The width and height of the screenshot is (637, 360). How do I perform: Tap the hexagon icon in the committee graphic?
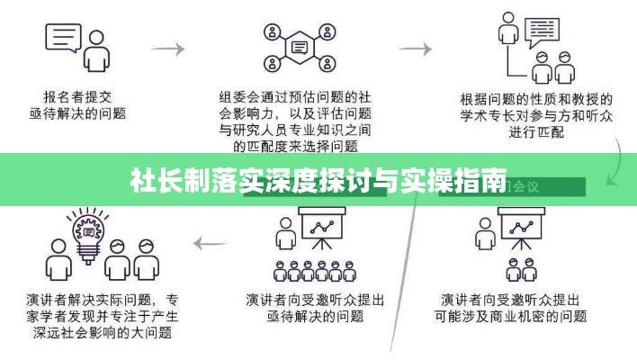(299, 46)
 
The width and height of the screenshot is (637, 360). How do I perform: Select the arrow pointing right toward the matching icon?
(415, 47)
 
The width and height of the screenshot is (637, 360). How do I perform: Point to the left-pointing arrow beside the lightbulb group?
(212, 241)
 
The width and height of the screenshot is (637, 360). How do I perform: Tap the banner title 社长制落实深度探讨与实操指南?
(318, 180)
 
